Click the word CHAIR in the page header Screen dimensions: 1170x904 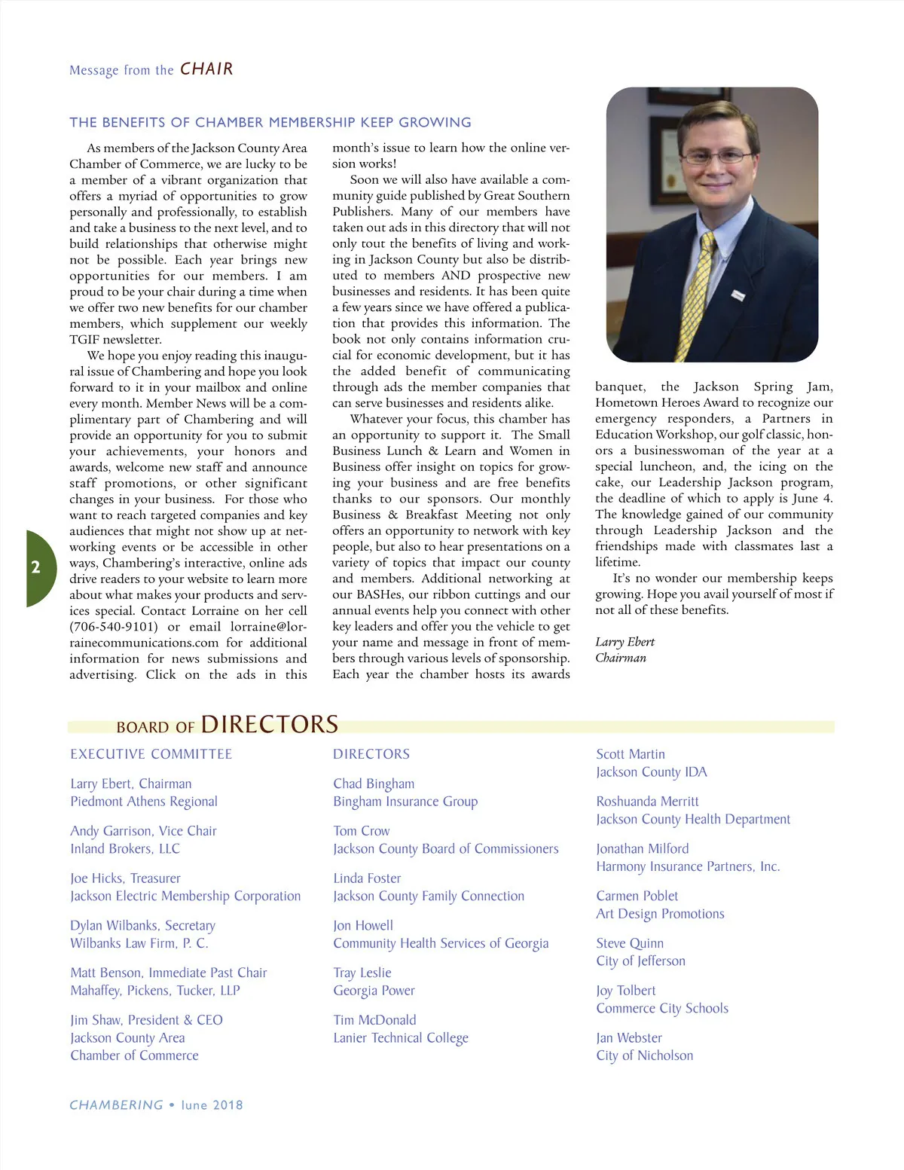click(x=206, y=69)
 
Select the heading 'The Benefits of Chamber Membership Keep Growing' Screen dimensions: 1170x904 click(x=270, y=123)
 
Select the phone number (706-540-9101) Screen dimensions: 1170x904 click(x=114, y=627)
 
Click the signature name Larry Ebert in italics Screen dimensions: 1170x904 click(x=625, y=642)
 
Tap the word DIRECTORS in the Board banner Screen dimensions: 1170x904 click(x=270, y=725)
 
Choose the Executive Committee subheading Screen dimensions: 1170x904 click(x=151, y=754)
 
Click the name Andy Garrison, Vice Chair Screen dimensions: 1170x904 click(x=143, y=831)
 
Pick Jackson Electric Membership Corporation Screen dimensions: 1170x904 click(x=185, y=896)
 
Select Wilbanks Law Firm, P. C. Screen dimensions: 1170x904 click(x=139, y=943)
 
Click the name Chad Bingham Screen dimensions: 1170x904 click(x=374, y=784)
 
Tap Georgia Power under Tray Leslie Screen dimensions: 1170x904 click(x=374, y=991)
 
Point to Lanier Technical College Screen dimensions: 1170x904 click(x=401, y=1038)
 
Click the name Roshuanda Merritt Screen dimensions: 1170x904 click(x=647, y=802)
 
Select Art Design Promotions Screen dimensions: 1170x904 click(x=660, y=914)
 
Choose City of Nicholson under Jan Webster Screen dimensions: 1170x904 click(x=644, y=1055)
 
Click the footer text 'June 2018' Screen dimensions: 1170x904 click(x=212, y=1105)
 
